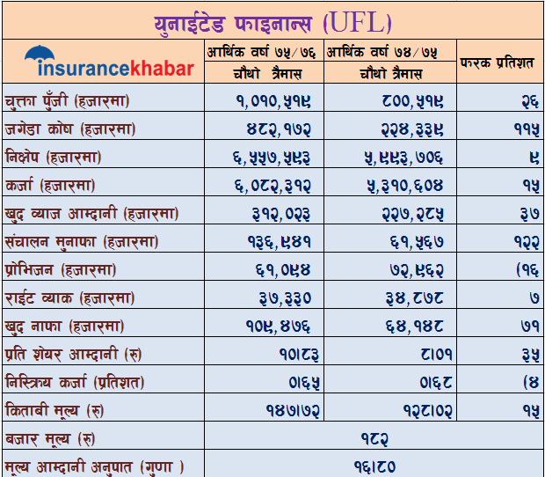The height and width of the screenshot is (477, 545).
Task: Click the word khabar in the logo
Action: [162, 69]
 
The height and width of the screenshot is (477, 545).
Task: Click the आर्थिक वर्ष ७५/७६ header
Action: [264, 52]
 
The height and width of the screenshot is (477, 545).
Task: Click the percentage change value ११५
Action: [522, 129]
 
